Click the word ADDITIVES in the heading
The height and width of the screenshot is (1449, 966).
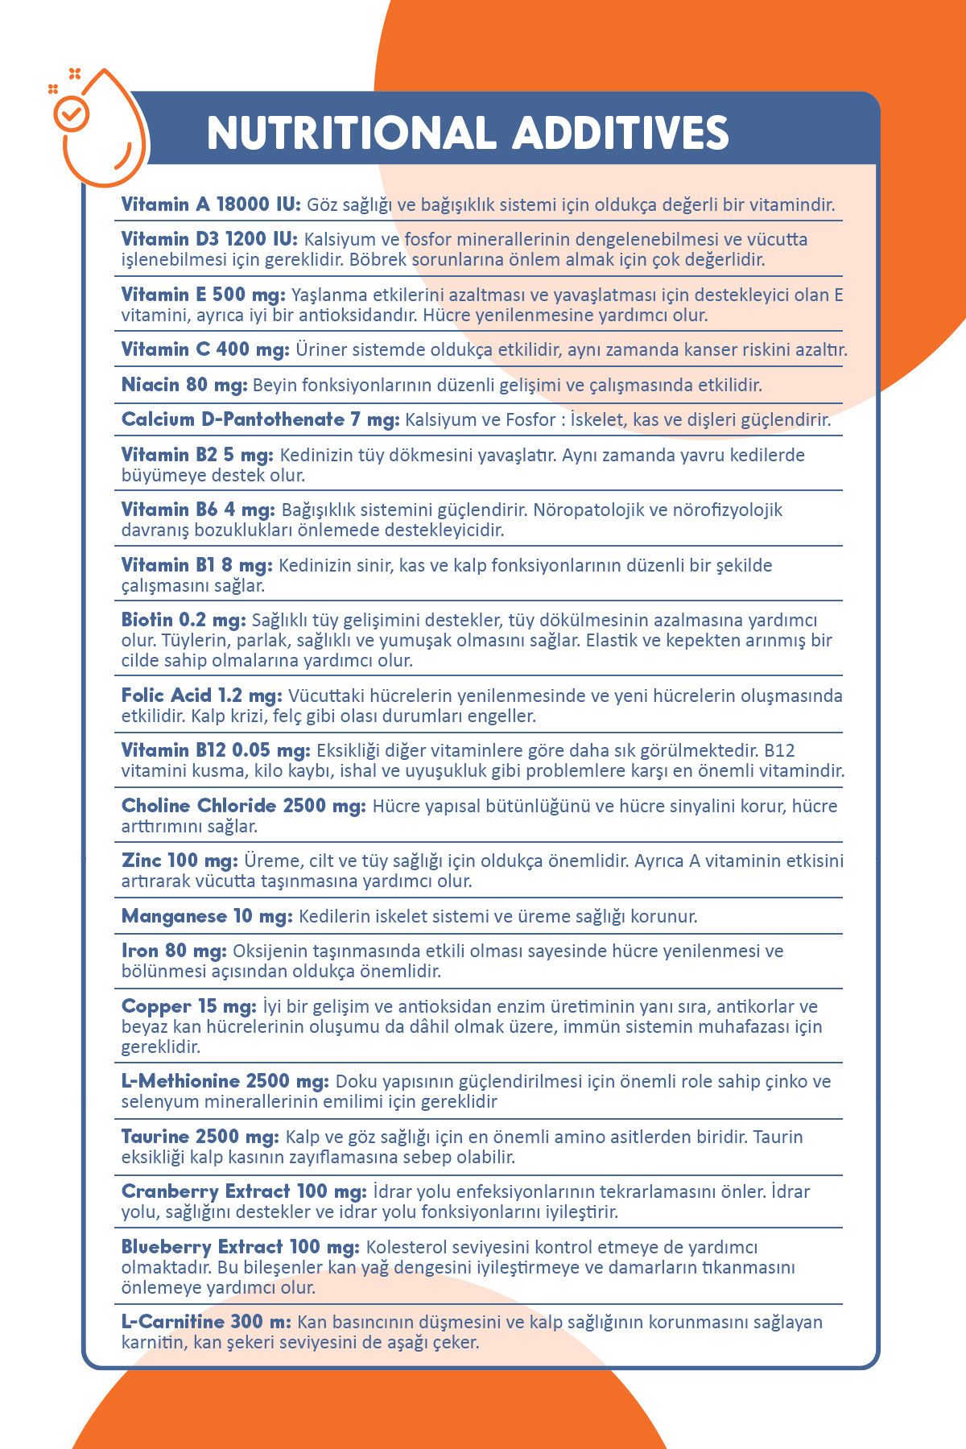tap(621, 134)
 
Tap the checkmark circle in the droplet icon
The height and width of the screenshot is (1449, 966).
tap(72, 114)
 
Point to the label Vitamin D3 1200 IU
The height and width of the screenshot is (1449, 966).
tap(210, 239)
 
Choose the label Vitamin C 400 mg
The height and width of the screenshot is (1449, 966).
tap(205, 349)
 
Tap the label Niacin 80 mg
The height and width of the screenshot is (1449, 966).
tap(184, 385)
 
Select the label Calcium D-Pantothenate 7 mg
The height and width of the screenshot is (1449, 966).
tap(260, 419)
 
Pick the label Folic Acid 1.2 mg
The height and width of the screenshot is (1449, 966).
tap(202, 695)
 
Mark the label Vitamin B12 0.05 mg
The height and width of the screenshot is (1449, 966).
tap(216, 750)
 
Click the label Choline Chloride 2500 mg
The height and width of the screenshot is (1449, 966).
tap(244, 806)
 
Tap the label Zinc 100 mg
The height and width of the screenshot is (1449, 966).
tap(180, 861)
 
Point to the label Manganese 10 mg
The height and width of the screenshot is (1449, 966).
tap(207, 916)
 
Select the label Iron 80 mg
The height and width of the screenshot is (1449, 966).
tap(174, 951)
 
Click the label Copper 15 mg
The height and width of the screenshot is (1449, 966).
tap(189, 1006)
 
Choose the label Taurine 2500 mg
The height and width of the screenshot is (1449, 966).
tap(200, 1137)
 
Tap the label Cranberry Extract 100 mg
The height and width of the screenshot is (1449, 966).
tap(244, 1191)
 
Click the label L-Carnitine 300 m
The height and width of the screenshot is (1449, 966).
tap(206, 1322)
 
